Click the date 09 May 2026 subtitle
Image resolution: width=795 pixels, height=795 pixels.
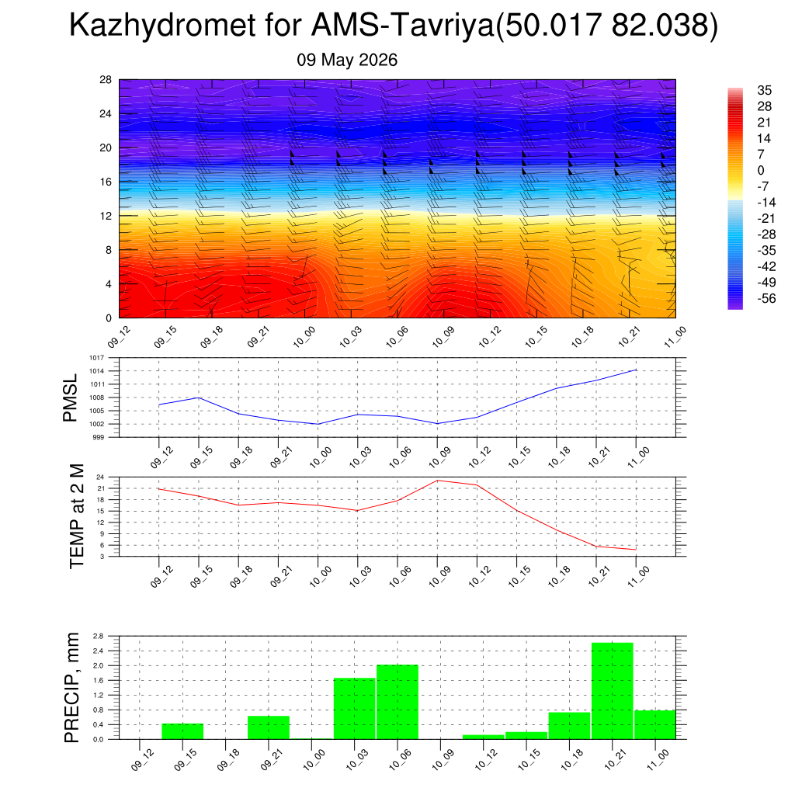click(347, 60)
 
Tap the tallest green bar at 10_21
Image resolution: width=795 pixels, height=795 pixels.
click(612, 690)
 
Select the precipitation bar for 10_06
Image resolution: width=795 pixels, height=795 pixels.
click(397, 702)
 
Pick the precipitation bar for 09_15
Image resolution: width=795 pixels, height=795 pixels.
click(182, 731)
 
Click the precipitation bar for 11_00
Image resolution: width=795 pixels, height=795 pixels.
click(655, 724)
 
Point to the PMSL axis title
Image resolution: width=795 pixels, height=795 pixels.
click(70, 397)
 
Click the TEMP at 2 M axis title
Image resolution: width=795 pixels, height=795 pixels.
click(77, 516)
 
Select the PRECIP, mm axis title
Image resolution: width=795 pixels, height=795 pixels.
click(72, 688)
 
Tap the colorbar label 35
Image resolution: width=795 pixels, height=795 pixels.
click(764, 90)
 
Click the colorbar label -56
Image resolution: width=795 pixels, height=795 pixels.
click(766, 298)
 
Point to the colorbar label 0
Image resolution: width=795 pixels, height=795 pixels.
click(761, 170)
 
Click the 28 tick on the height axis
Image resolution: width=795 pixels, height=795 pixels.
click(106, 80)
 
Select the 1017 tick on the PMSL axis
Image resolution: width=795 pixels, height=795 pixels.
click(97, 358)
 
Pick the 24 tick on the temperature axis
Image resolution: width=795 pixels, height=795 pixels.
click(100, 477)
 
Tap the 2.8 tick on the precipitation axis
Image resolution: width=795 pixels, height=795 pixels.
click(99, 636)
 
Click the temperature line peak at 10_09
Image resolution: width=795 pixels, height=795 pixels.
click(438, 480)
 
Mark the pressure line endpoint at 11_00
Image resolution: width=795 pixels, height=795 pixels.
click(636, 370)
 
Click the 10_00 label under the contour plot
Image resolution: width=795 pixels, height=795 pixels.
click(304, 337)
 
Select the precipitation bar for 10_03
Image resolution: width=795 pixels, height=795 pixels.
click(354, 708)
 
